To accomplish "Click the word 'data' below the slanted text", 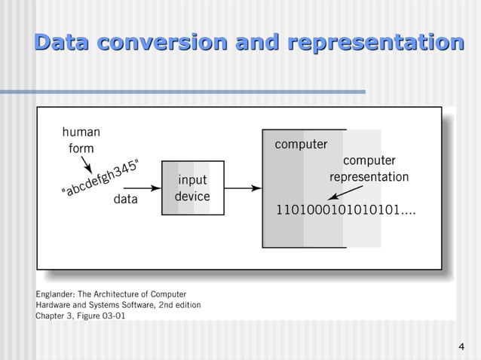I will (125, 200).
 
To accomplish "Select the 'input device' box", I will (192, 188).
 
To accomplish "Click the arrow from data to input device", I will (151, 188).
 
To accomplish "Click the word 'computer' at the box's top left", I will (300, 144).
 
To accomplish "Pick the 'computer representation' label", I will (369, 169).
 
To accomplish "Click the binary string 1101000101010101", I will (341, 206).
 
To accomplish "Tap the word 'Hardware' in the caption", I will (56, 305).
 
